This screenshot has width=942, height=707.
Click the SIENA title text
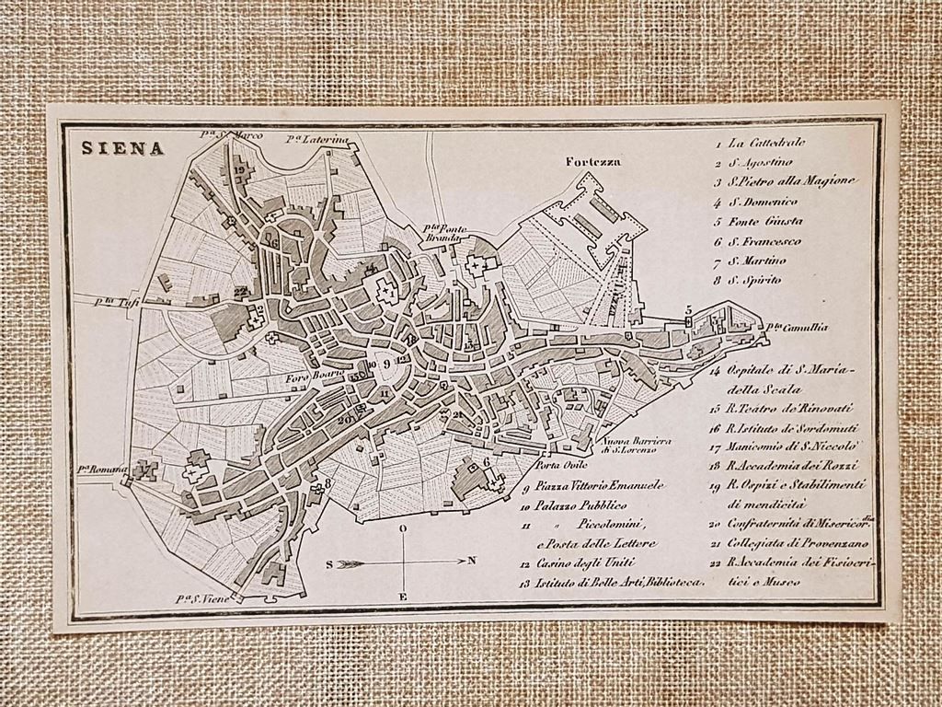click(122, 148)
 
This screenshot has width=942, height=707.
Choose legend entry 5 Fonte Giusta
click(764, 222)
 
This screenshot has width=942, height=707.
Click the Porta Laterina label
click(317, 139)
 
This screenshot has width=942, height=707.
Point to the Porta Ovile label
click(557, 465)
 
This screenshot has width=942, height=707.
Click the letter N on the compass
click(471, 560)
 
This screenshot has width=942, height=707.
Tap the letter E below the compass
click(402, 597)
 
